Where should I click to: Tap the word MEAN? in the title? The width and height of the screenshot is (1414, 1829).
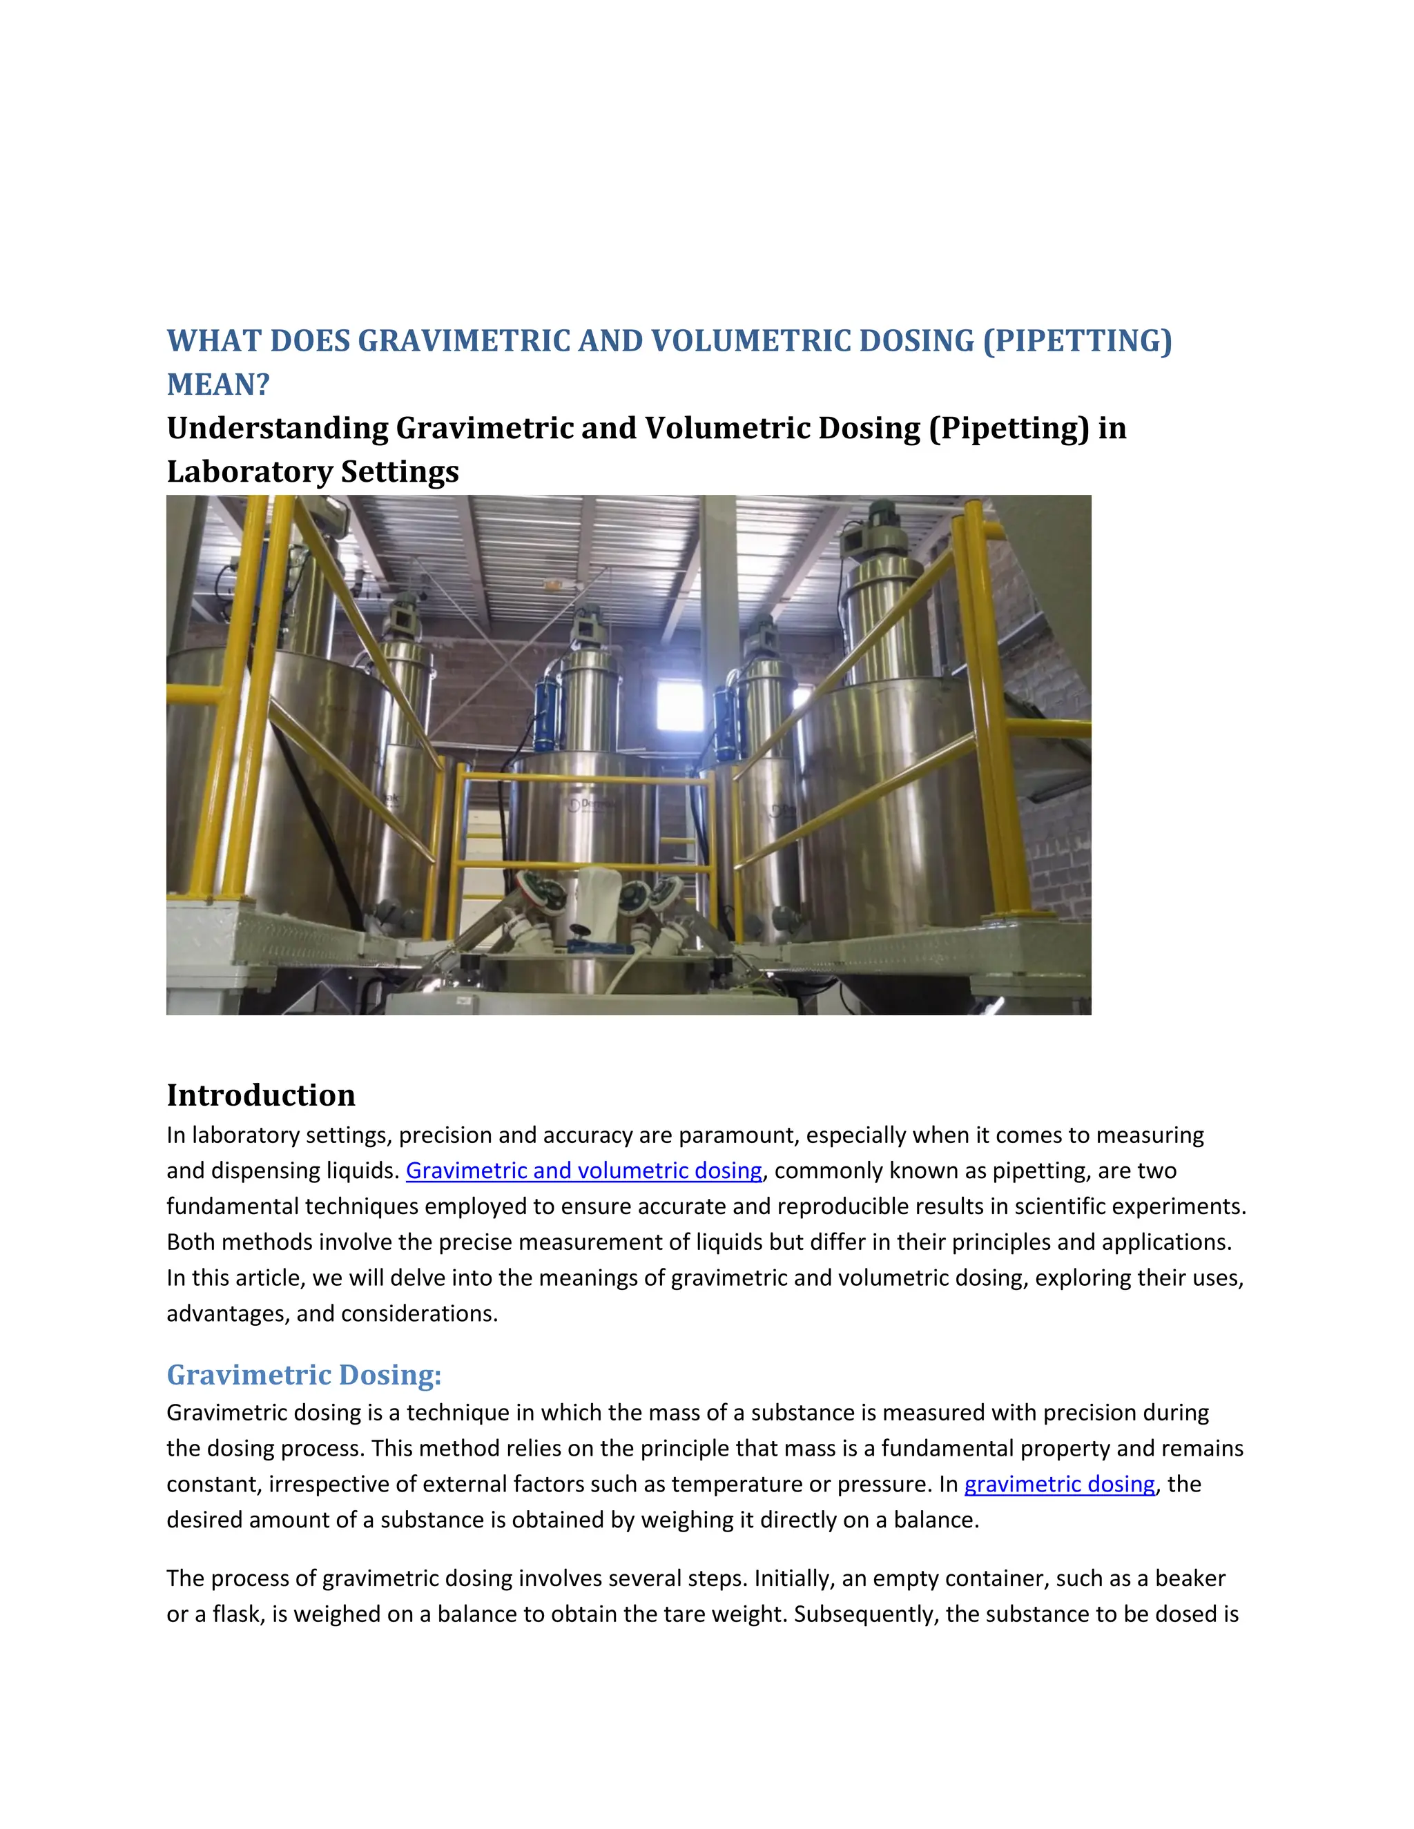217,385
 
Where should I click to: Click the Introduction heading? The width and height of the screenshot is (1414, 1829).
260,1095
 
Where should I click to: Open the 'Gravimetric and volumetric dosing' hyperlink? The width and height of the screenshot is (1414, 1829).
584,1171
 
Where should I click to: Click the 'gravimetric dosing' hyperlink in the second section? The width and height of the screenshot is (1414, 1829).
1059,1485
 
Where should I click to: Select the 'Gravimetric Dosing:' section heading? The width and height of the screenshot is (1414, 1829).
303,1375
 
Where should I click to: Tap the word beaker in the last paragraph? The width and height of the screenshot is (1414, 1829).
1190,1578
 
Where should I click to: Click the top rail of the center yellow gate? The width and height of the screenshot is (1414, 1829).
586,779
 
